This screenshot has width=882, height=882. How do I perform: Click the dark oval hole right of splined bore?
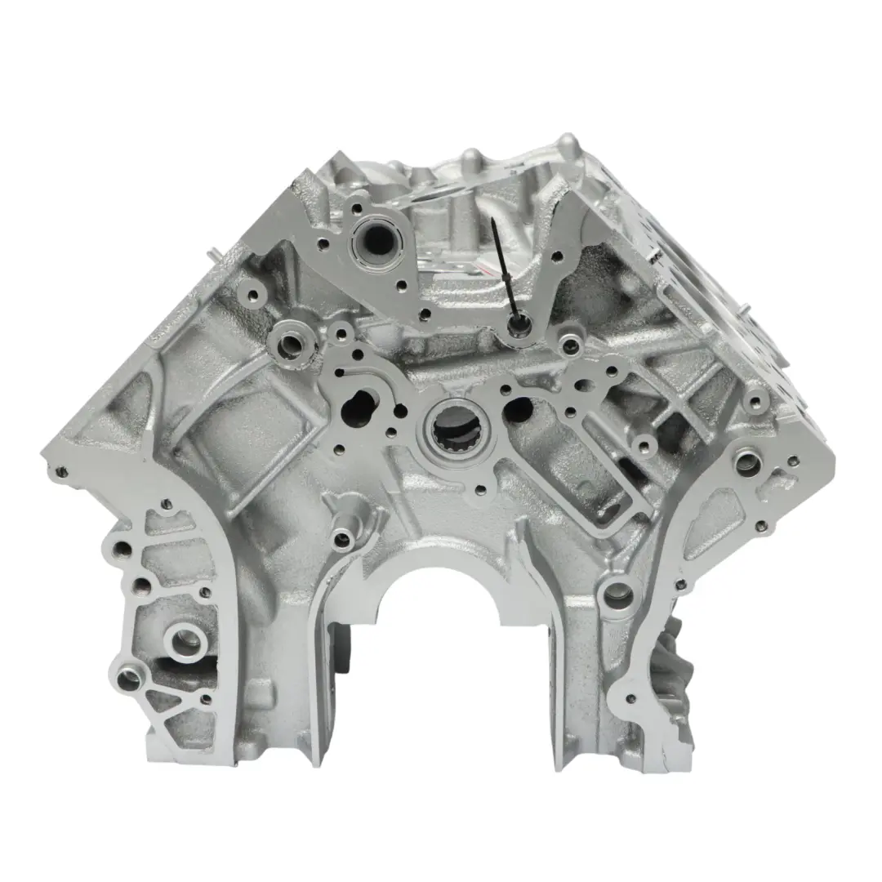pyautogui.click(x=518, y=409)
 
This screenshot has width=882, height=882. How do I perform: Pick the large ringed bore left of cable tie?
pyautogui.click(x=377, y=238)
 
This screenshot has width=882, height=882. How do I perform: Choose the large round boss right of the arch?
pyautogui.click(x=618, y=597)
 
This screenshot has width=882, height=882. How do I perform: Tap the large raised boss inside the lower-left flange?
pyautogui.click(x=187, y=643)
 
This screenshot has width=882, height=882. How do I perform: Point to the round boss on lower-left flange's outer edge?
pyautogui.click(x=130, y=679)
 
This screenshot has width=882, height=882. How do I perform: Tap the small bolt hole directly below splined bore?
pyautogui.click(x=480, y=490)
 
